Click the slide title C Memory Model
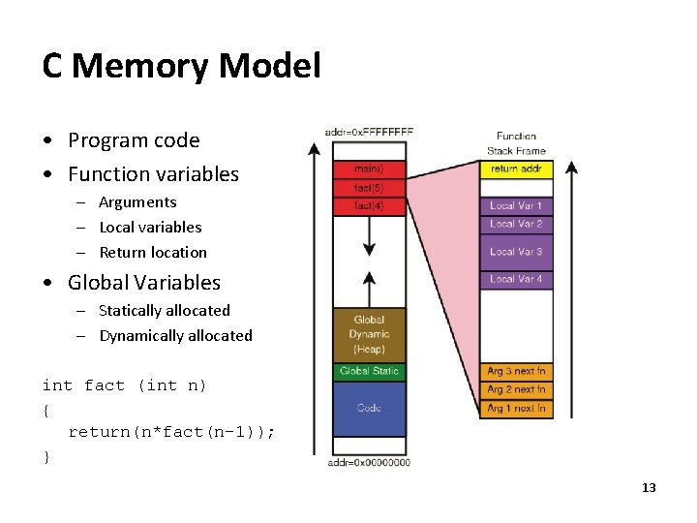(181, 66)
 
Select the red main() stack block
(368, 169)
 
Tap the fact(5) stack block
(368, 188)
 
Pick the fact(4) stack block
(368, 205)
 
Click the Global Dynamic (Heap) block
(368, 334)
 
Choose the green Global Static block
(368, 372)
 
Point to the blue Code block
(368, 408)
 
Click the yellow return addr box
(516, 169)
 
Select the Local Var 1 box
(516, 205)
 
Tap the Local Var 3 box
(516, 252)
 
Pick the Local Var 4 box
(516, 280)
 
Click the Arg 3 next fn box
(516, 372)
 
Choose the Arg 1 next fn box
(516, 409)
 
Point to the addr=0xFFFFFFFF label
(369, 131)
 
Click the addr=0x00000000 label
(369, 462)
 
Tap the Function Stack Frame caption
(516, 143)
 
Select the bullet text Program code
(134, 140)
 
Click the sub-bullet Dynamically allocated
(175, 336)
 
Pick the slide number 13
(649, 487)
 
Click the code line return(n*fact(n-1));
(171, 432)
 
